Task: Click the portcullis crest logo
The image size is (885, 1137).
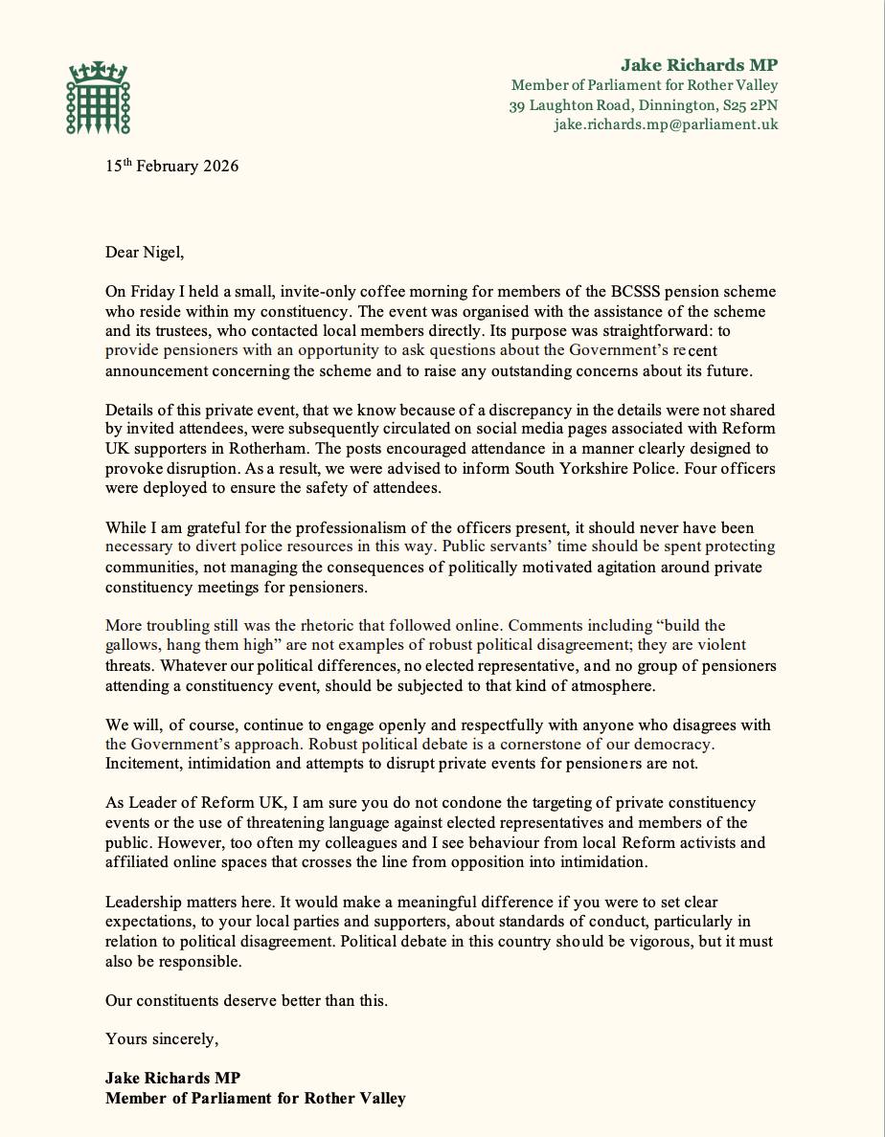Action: tap(98, 98)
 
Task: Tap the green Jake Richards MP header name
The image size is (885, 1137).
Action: tap(699, 65)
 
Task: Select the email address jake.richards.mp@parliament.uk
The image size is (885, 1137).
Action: tap(666, 124)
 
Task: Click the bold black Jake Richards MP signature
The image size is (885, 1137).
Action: tap(172, 1078)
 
